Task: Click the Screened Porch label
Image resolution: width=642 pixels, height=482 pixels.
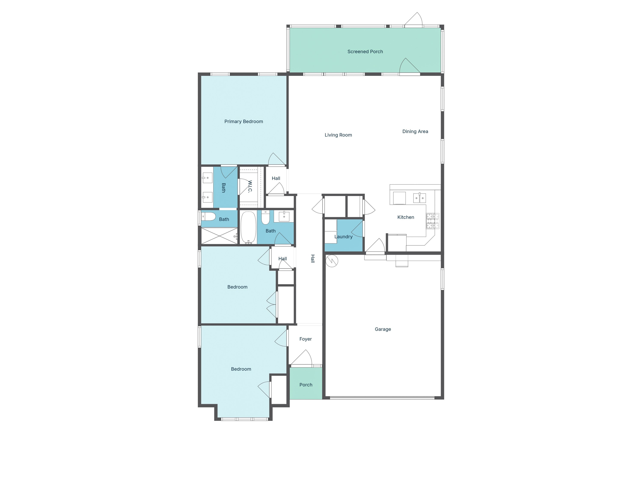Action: (365, 52)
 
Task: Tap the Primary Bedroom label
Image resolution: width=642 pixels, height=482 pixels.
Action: (244, 121)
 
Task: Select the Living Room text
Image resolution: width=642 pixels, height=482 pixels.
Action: (338, 135)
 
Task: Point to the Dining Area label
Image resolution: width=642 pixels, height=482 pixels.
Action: (415, 132)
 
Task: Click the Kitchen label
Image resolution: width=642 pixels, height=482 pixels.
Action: (406, 217)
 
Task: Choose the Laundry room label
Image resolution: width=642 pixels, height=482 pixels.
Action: (343, 237)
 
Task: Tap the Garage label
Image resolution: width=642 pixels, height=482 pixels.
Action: (383, 329)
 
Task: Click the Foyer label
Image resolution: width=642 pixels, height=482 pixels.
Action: (305, 339)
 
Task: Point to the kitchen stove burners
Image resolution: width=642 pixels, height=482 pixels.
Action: (432, 221)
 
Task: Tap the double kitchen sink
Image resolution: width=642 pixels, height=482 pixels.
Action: (419, 198)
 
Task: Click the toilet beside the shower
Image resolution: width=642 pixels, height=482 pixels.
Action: (209, 216)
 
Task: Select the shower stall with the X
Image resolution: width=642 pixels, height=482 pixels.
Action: (219, 236)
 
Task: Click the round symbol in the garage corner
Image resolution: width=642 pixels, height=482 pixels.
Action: (332, 261)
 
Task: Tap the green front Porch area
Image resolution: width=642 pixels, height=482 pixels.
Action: (306, 383)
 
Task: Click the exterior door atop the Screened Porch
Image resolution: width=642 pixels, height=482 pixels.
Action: (414, 20)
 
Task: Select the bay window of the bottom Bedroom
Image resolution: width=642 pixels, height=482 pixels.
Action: (244, 419)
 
